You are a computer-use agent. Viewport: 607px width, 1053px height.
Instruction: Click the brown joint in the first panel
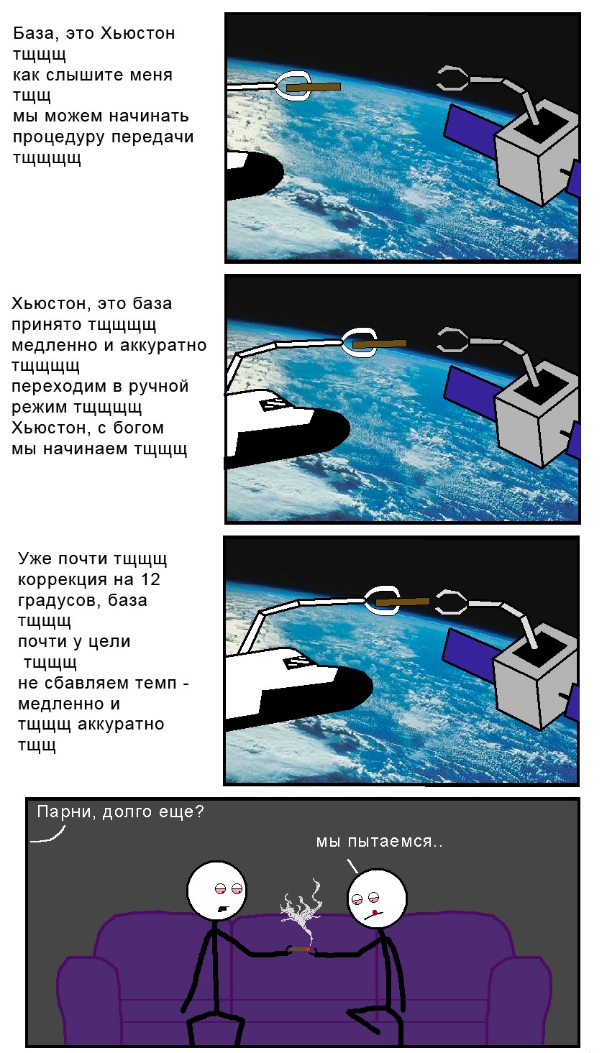(313, 87)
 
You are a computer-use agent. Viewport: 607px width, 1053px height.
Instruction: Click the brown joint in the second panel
(380, 344)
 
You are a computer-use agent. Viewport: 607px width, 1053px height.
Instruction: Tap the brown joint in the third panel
(402, 601)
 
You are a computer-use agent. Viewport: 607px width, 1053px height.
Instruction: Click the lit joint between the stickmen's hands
(300, 949)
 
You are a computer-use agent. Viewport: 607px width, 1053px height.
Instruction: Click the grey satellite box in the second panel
(536, 417)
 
